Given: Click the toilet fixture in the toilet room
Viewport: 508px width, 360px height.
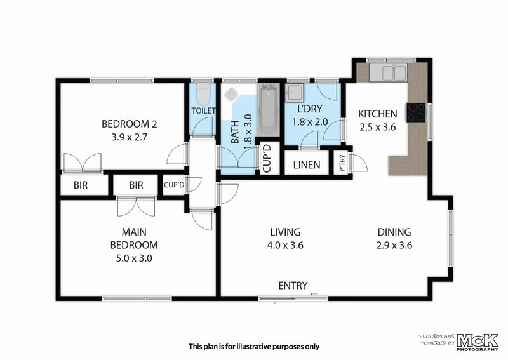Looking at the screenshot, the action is tap(203, 93).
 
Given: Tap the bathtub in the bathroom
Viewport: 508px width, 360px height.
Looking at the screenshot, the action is tap(269, 110).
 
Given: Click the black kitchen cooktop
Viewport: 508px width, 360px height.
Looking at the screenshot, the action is tap(416, 112).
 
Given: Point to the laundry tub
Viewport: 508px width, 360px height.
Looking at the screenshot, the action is tap(294, 92).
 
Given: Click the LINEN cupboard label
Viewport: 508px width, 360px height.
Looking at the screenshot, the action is tap(307, 165).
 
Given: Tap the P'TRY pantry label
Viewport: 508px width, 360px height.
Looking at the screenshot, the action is tap(342, 163).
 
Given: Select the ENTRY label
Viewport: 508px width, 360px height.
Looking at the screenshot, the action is tap(293, 286).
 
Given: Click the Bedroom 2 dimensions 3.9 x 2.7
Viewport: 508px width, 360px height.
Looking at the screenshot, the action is tap(130, 137).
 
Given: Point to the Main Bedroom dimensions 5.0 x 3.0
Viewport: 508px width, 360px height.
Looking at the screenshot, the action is tap(134, 258).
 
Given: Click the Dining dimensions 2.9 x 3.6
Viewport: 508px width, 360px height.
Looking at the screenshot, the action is tap(394, 245).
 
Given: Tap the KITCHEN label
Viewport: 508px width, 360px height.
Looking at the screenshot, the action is tap(378, 114).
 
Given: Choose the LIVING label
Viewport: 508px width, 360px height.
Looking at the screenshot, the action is tap(285, 232).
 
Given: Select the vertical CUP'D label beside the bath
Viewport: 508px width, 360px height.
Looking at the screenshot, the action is tap(267, 159).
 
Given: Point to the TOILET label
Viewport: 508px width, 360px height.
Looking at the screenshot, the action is tap(203, 111).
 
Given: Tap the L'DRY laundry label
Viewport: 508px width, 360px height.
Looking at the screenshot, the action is tap(310, 109).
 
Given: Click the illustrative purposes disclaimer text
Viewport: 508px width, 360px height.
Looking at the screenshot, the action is tap(254, 347).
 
